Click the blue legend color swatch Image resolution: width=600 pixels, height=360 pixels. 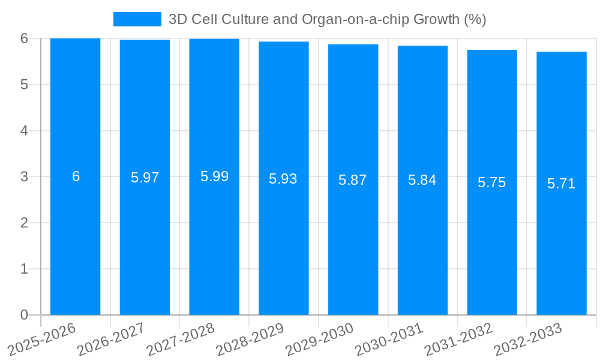137,19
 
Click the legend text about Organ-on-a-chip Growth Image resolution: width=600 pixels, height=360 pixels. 327,19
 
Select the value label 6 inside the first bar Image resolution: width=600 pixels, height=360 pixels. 76,176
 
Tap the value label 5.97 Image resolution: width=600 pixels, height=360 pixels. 145,178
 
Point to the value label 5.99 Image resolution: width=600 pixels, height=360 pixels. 214,176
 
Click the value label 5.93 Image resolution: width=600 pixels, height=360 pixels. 283,179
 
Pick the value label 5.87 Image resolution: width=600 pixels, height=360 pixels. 353,180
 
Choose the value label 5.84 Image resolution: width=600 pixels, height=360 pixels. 422,180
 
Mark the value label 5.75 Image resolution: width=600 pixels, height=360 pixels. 492,182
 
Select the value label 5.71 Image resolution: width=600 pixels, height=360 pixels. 561,184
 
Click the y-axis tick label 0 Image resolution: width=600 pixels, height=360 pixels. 24,315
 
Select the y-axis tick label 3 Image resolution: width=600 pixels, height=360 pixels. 24,176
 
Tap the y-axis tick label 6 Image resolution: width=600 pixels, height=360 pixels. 24,38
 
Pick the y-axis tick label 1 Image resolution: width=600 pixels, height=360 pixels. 24,269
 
